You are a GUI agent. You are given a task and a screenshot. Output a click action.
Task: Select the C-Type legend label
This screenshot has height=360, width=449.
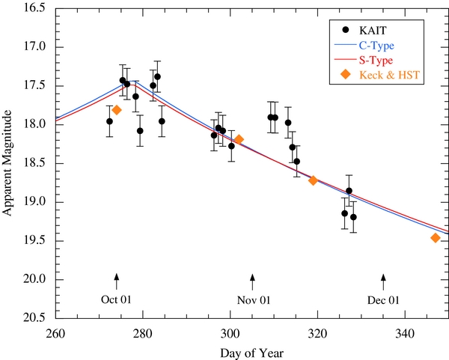coord(376,46)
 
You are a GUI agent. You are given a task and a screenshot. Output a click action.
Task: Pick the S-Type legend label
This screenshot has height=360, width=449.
coord(376,60)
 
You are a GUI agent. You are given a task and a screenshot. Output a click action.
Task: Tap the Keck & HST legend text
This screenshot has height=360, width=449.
coord(389,75)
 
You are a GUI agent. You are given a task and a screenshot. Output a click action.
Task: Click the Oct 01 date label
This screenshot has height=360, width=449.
coord(116,299)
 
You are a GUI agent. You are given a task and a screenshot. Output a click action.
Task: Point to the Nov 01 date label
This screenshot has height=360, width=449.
coord(254,300)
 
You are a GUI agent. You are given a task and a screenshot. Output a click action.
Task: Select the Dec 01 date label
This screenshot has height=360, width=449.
coord(383,300)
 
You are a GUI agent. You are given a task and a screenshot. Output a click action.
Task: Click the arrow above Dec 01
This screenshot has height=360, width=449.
coord(383,282)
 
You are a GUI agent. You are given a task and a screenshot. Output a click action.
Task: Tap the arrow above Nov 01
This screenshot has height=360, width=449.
coord(252,282)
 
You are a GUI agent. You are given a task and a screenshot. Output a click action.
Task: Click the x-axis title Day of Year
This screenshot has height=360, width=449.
coord(252,353)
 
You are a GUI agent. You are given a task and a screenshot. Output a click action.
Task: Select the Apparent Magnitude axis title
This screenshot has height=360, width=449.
coord(7,162)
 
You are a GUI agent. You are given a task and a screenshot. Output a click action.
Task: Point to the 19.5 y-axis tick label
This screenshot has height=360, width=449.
coord(34,240)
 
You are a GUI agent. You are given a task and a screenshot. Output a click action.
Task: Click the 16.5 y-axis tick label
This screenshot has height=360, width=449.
coord(34,7)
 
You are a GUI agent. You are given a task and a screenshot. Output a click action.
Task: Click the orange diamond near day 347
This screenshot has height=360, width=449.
coord(436,238)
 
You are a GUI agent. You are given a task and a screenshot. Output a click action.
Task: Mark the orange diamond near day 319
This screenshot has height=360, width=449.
coord(313,180)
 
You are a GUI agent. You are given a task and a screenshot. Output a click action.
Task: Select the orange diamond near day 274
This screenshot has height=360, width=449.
coord(117,110)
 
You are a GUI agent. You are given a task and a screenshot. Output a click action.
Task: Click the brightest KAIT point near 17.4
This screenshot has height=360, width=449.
coord(157,77)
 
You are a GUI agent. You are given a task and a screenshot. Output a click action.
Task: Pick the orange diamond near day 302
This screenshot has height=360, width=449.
coord(239,139)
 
